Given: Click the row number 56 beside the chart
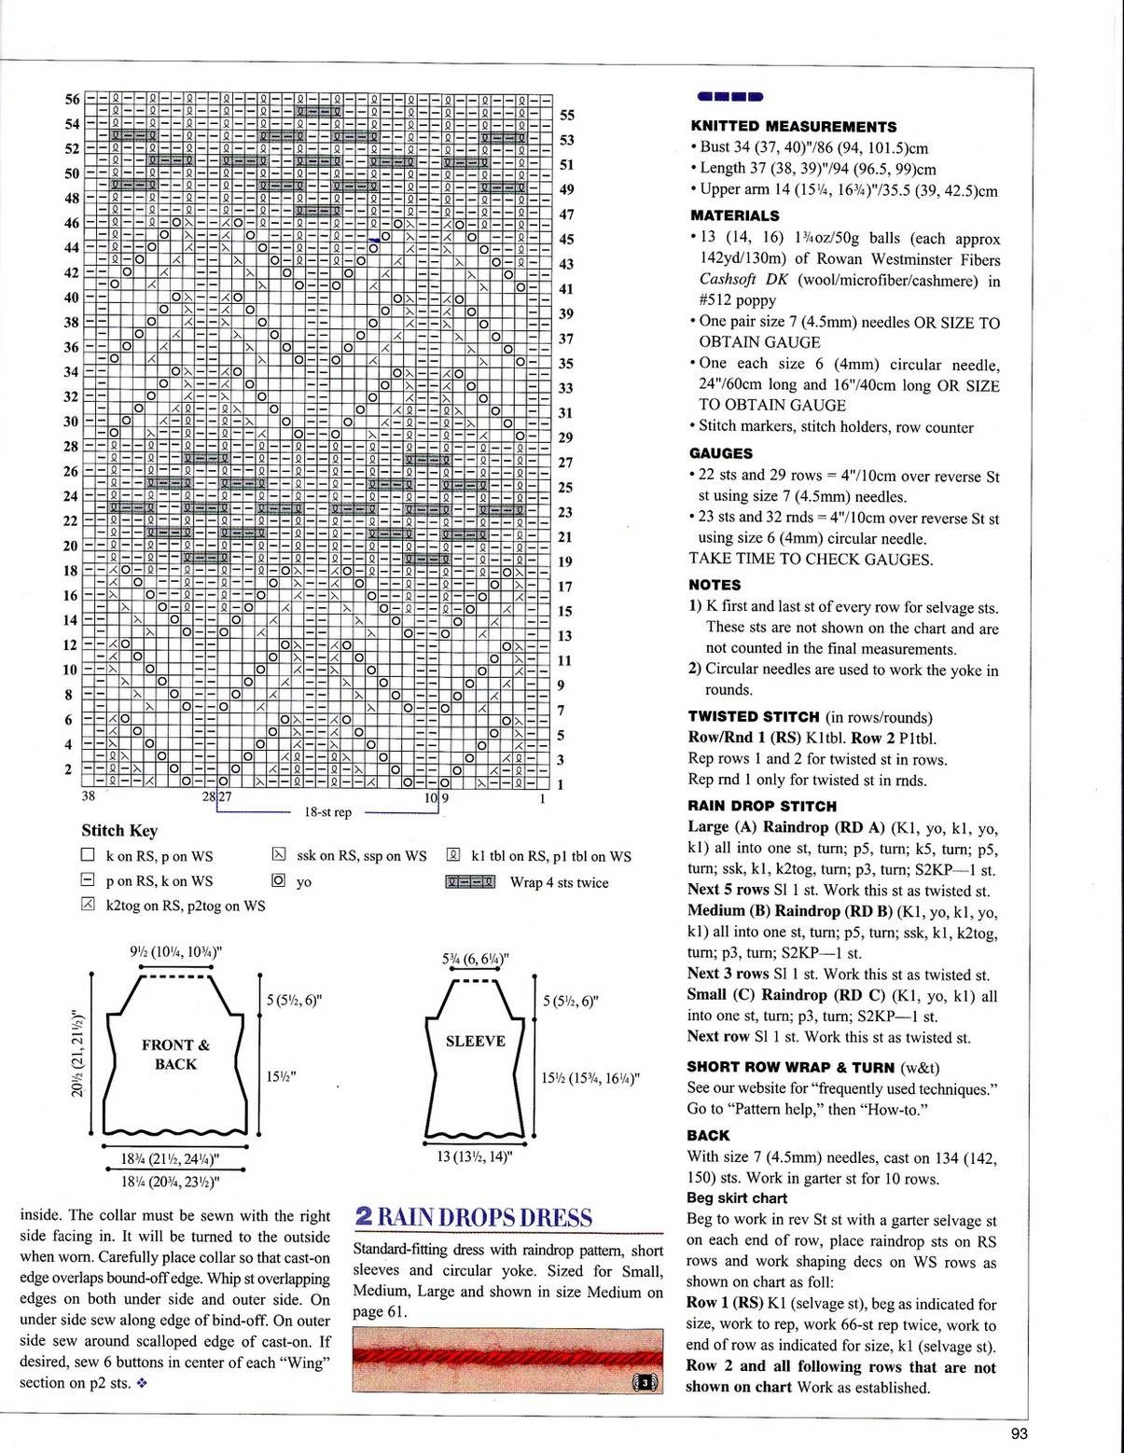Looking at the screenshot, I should click(72, 100).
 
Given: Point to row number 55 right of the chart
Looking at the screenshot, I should click(566, 116).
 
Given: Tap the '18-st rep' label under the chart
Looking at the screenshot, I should click(327, 812).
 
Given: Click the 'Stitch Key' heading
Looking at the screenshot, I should click(119, 831).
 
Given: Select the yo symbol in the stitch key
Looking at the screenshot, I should click(278, 880).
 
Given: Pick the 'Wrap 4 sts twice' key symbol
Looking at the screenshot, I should click(471, 882).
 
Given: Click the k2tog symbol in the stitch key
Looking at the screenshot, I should click(89, 905).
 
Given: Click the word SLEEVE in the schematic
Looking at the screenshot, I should click(475, 1041).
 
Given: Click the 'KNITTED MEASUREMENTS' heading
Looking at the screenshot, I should click(793, 127).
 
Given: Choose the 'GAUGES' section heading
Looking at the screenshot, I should click(720, 453).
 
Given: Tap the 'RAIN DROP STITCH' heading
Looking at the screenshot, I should click(761, 806).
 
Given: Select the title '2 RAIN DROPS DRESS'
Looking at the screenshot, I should click(473, 1217).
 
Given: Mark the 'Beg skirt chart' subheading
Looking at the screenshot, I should click(736, 1198).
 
